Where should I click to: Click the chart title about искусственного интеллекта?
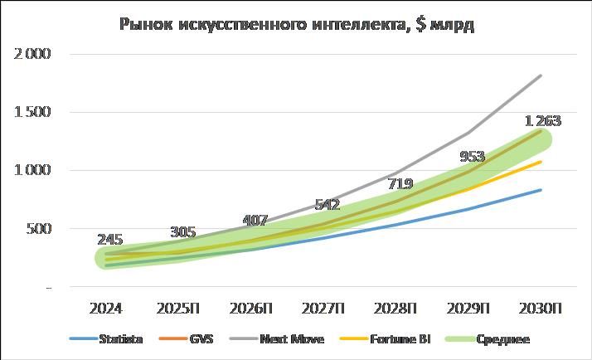coord(296,24)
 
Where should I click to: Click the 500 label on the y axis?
coord(39,229)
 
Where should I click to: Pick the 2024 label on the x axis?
coord(106,309)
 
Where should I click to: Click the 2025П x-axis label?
coord(178,309)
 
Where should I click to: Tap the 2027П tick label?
coord(323,309)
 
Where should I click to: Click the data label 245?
coord(110,239)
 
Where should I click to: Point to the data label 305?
coord(183,232)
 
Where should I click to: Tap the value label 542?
coord(328,204)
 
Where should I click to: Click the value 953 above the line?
coord(473,156)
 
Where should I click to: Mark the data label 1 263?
coord(542,121)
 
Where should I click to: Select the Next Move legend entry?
coord(285,339)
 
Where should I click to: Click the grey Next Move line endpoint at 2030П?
coord(541,76)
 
